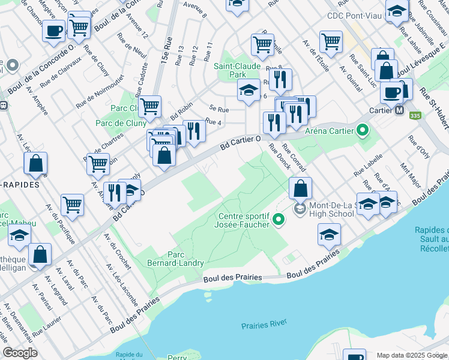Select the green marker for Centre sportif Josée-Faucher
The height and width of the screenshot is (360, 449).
point(278,220)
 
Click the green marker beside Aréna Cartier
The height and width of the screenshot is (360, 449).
point(362,130)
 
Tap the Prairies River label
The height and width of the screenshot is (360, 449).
point(264,325)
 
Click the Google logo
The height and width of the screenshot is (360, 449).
point(20,353)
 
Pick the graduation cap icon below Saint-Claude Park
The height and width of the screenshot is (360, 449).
point(249,90)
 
